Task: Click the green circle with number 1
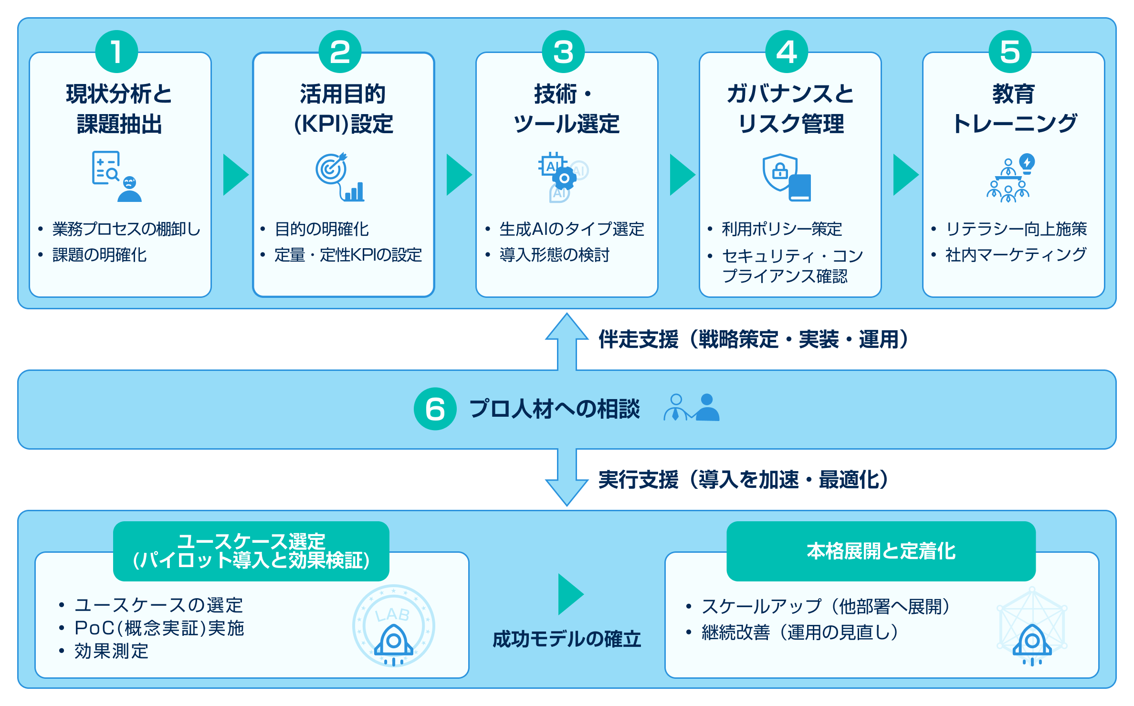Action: click(116, 52)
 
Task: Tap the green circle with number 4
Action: click(786, 52)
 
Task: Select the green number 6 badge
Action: click(435, 409)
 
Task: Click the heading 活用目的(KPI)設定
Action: click(343, 109)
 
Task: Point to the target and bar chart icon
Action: click(339, 177)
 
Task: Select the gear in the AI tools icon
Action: click(564, 179)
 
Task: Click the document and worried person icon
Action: click(116, 177)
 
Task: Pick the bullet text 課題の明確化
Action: click(99, 255)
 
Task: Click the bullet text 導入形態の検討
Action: click(554, 255)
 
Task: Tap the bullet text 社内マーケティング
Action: click(1016, 254)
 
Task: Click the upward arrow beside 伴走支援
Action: click(567, 341)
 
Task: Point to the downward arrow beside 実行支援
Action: click(567, 477)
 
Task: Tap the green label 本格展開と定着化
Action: click(881, 551)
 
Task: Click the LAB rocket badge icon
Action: click(393, 625)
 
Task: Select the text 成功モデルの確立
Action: click(567, 639)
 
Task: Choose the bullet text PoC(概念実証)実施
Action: click(159, 628)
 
